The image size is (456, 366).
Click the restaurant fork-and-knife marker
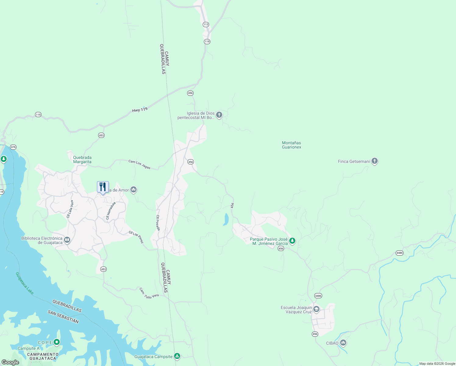tap(103, 187)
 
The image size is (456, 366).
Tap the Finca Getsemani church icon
tap(375, 161)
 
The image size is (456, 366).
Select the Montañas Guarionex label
tap(291, 145)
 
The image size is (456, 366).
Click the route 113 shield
tap(206, 24)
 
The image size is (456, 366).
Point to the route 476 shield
tap(13, 147)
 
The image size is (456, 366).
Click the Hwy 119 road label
tap(140, 110)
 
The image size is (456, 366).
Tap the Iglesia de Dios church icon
tap(219, 115)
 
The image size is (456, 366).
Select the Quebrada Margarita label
tap(82, 160)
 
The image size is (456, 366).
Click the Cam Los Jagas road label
tap(139, 164)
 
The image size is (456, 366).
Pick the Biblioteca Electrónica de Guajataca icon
tap(67, 240)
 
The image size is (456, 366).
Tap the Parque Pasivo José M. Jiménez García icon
tap(292, 241)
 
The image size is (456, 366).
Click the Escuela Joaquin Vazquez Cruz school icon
tap(316, 310)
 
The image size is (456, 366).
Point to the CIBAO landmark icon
tap(344, 343)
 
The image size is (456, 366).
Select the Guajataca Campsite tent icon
tap(177, 356)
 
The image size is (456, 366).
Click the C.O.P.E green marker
tap(57, 342)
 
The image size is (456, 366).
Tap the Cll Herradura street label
tap(111, 210)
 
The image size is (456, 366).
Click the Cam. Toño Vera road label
tap(149, 293)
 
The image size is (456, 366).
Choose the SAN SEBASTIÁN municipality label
tap(63, 317)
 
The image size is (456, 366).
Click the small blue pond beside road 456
tap(226, 219)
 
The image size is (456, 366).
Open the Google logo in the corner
tap(10, 362)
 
